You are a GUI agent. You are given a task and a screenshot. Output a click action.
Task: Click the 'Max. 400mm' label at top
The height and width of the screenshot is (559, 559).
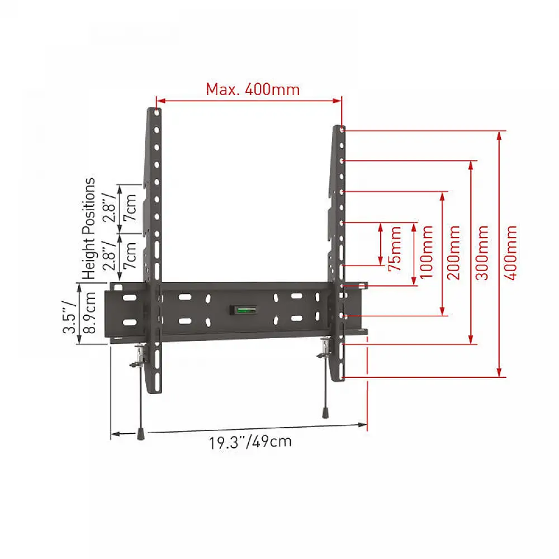pos(253,89)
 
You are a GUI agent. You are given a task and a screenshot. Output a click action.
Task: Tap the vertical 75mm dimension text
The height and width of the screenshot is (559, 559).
pos(395,248)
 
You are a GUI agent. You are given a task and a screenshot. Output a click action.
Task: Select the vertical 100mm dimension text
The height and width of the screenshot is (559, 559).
pos(426,252)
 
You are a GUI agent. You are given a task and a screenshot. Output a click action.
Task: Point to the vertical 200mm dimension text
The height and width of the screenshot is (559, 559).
pos(454,253)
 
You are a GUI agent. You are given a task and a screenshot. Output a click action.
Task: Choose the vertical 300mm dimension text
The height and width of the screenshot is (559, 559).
pos(482,253)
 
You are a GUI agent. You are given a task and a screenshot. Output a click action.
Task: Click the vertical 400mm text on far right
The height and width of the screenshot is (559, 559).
pos(510,253)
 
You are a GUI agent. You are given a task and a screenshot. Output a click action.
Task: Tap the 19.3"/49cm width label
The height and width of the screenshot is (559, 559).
pos(250,442)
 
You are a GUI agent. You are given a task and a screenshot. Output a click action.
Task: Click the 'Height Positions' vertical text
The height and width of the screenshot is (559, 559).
pos(89,229)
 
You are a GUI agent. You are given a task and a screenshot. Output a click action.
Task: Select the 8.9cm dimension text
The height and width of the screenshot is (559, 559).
pos(89,312)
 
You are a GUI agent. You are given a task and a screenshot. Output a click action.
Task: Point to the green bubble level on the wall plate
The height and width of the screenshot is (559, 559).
pos(247,310)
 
